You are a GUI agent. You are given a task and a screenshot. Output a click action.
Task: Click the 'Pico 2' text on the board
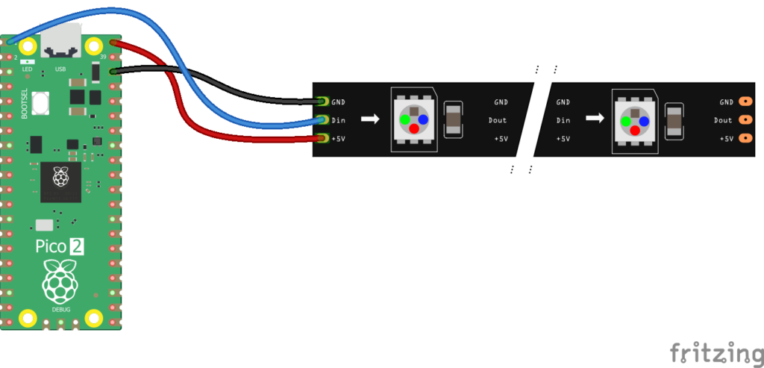(60, 247)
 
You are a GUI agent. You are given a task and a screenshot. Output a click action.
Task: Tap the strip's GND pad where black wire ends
(322, 101)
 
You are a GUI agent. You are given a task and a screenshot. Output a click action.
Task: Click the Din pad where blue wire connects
(322, 119)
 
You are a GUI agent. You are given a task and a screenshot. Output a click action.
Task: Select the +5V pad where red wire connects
(322, 138)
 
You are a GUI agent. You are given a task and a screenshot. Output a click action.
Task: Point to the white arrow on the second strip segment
(595, 119)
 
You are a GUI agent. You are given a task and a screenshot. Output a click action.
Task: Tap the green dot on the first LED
(404, 119)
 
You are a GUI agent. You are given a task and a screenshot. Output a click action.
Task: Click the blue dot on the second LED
(644, 119)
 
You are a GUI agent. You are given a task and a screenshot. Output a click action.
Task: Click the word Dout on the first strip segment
(498, 120)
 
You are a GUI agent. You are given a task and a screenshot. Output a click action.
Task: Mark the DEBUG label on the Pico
(61, 309)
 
